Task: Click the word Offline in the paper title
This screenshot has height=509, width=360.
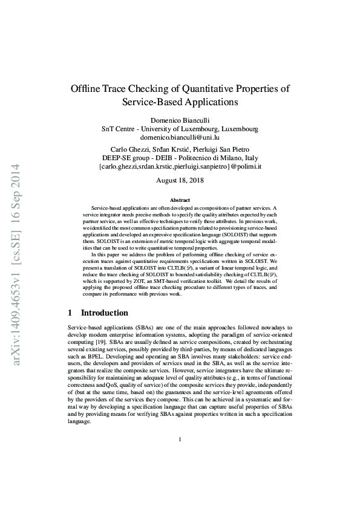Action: point(88,89)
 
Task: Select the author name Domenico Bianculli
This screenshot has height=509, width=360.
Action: point(180,120)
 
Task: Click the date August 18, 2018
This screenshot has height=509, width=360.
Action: point(180,180)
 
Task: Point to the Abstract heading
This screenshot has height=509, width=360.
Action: point(180,200)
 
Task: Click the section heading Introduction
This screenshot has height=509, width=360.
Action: point(105,313)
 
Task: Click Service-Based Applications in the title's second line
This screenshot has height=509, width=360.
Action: point(180,103)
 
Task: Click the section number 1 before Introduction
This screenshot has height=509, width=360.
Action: point(70,313)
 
